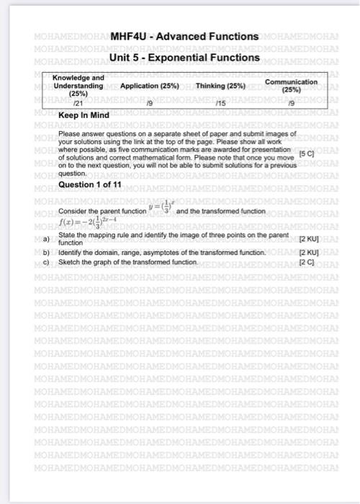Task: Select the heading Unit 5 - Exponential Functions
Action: point(184,57)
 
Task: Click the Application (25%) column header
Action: point(150,86)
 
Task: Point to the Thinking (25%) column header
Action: point(221,86)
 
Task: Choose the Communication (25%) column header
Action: point(291,86)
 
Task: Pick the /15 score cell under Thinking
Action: point(220,104)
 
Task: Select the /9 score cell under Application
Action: point(149,104)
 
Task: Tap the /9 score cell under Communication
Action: point(290,104)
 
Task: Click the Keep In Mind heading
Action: point(84,114)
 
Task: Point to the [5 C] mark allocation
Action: point(307,154)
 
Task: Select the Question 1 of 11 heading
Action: point(91,185)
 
